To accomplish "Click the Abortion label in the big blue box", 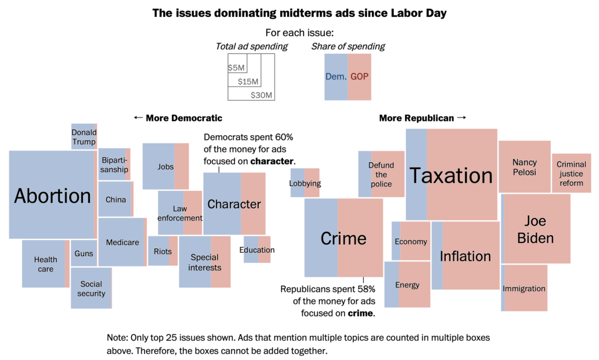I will click(53, 196).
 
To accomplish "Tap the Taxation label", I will click(451, 175).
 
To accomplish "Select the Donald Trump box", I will click(84, 137).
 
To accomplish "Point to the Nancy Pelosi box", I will click(524, 167).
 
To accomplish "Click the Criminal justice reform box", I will click(571, 173).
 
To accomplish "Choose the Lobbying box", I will click(305, 183).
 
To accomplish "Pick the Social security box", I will click(91, 288).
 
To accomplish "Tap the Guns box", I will click(84, 253).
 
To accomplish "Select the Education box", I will click(257, 250).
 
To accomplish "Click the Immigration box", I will click(524, 288).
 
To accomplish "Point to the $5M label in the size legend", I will click(236, 68).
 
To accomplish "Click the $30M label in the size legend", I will click(261, 95).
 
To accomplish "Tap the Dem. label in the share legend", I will click(336, 77).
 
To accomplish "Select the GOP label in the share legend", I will click(359, 77).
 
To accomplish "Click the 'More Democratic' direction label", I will click(178, 118).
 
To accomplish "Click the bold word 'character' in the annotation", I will click(272, 162).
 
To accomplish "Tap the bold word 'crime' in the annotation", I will click(360, 313).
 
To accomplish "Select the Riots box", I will click(163, 251).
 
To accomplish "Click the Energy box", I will click(407, 285).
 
